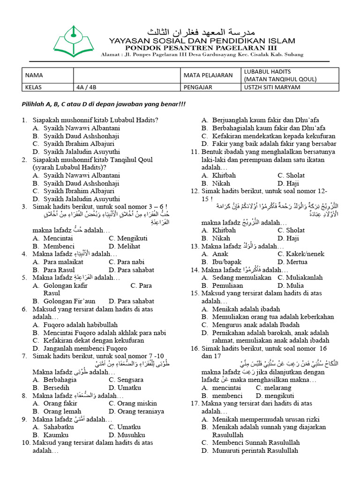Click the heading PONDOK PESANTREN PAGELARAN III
pos(202,47)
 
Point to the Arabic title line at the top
pos(202,32)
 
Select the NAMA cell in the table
pos(34,75)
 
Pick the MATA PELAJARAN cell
pos(208,75)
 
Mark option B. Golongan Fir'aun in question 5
pos(64,301)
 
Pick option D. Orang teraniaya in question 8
pos(136,412)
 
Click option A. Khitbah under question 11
pos(219,175)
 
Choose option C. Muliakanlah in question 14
pos(300,277)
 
